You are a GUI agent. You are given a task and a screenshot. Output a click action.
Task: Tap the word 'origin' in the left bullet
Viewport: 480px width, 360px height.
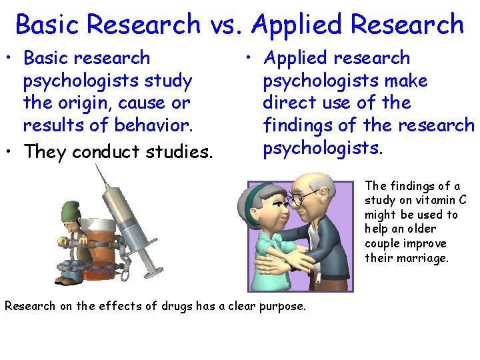79,103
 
